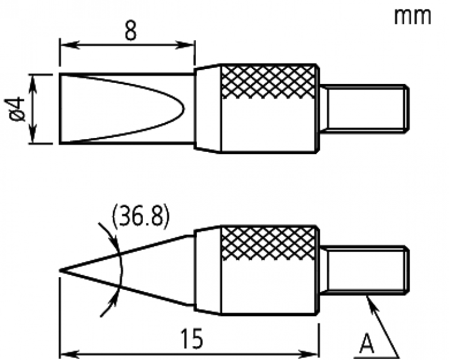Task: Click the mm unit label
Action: tap(412, 17)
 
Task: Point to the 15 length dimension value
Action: tap(191, 339)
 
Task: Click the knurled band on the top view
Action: tap(269, 82)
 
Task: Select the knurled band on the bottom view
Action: tap(269, 243)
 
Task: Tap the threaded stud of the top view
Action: tap(364, 109)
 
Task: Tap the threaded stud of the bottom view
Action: tap(364, 269)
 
